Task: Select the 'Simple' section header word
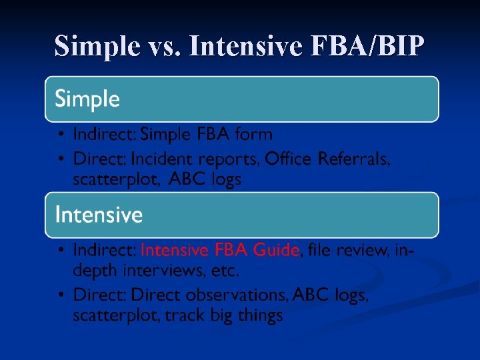point(87,99)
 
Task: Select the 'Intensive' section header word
point(99,215)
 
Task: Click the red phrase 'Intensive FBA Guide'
point(220,250)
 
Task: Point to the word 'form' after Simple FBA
point(254,134)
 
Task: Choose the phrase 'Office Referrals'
point(327,159)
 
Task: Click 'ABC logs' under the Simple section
point(205,179)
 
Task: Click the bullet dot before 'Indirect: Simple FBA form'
point(60,135)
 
